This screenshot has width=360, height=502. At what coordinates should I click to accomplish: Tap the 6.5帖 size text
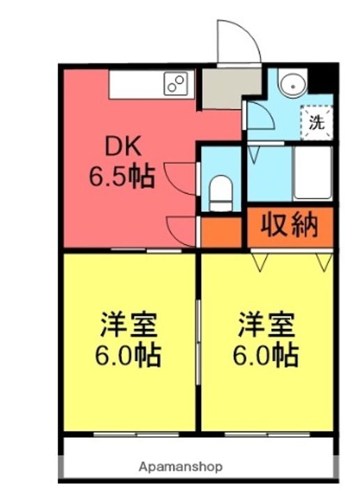(x=121, y=177)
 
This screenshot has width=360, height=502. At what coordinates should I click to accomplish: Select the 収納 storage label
(x=290, y=225)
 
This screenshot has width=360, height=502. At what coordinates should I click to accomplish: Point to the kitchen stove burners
(x=176, y=84)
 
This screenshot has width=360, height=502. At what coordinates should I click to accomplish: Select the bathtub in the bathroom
(x=312, y=172)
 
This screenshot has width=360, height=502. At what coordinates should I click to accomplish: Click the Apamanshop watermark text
(x=180, y=466)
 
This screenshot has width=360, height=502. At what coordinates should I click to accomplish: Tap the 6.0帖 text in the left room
(x=128, y=356)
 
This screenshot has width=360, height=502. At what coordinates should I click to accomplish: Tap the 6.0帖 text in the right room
(x=266, y=356)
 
